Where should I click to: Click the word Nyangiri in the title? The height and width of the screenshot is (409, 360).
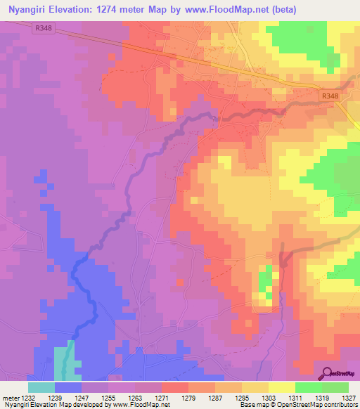tap(30, 10)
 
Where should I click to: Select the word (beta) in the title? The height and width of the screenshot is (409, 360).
tap(280, 10)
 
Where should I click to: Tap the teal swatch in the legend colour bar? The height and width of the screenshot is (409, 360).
tap(41, 387)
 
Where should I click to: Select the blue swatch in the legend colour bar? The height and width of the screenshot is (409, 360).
tap(67, 387)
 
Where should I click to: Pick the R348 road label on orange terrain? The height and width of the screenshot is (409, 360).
tap(329, 96)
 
